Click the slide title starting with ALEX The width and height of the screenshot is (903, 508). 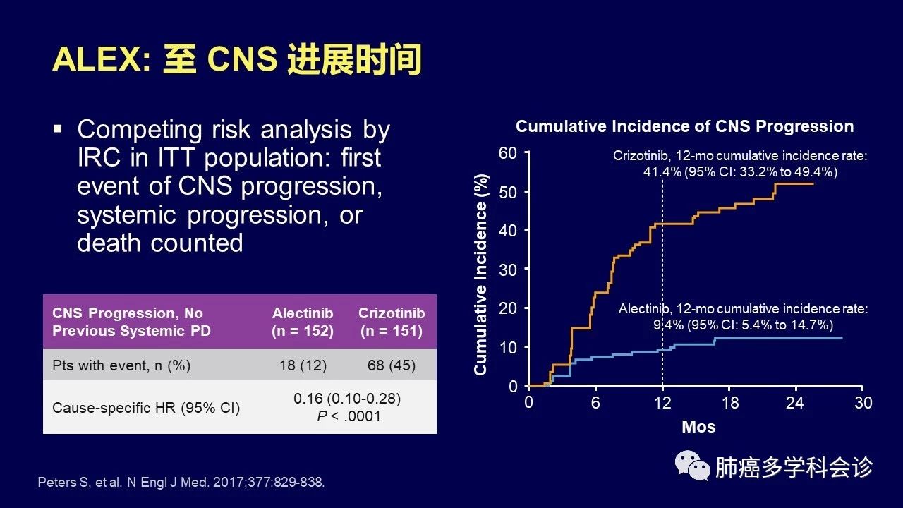pyautogui.click(x=236, y=61)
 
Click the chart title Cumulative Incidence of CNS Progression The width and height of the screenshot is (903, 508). pyautogui.click(x=684, y=127)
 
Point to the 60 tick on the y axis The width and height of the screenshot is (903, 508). pyautogui.click(x=508, y=153)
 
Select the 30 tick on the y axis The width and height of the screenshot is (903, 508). pyautogui.click(x=508, y=270)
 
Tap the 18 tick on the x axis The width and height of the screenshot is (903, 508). pyautogui.click(x=729, y=403)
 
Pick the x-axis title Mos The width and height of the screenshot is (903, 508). pyautogui.click(x=698, y=427)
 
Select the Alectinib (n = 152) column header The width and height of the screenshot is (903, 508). pyautogui.click(x=303, y=322)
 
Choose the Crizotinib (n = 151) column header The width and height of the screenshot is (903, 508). pyautogui.click(x=392, y=322)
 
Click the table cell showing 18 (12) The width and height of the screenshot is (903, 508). pyautogui.click(x=303, y=365)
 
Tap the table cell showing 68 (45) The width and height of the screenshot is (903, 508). pyautogui.click(x=392, y=365)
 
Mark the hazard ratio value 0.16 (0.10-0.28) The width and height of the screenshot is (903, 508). pyautogui.click(x=347, y=399)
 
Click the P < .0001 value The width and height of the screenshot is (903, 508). pyautogui.click(x=348, y=416)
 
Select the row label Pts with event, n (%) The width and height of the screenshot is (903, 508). pyautogui.click(x=121, y=365)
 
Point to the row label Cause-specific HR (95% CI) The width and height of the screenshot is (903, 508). pyautogui.click(x=146, y=408)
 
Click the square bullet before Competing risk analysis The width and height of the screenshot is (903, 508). pyautogui.click(x=59, y=130)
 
